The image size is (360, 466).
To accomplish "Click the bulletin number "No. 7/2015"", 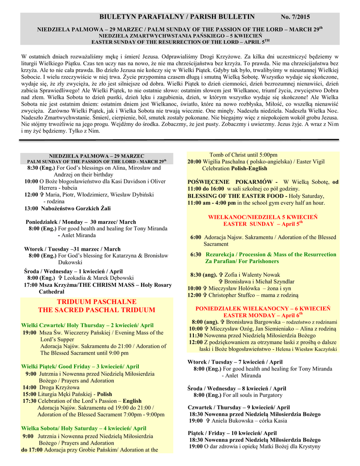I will point(295,17).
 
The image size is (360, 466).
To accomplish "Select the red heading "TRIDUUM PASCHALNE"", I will point(96,302).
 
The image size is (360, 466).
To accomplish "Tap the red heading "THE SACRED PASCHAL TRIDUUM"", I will point(96,310).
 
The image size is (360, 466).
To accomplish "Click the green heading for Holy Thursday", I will point(87,325).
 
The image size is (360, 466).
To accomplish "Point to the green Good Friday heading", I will point(80,366).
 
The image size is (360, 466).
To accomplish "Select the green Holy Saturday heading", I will point(84,428).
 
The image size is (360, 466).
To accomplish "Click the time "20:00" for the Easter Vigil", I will point(194,162).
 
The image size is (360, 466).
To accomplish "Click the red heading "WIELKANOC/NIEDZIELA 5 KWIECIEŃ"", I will point(263,217).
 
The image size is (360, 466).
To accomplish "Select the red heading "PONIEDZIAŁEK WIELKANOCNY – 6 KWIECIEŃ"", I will point(263,308).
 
